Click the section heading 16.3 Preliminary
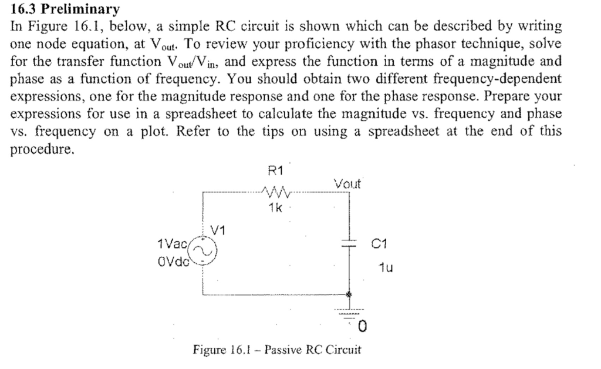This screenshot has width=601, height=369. [65, 9]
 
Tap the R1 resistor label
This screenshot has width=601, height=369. [275, 171]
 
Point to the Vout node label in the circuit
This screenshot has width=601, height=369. [348, 184]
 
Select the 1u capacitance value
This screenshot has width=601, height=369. [386, 269]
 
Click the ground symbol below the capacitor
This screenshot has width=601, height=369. [350, 313]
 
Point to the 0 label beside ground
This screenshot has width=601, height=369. [363, 325]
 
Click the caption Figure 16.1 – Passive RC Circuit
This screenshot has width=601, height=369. [277, 350]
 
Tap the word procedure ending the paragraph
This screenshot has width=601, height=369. [43, 149]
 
